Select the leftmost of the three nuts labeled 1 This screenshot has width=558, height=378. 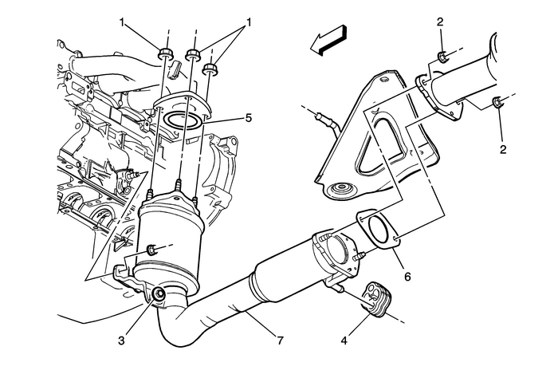click(166, 54)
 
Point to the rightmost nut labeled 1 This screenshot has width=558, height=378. click(211, 68)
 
